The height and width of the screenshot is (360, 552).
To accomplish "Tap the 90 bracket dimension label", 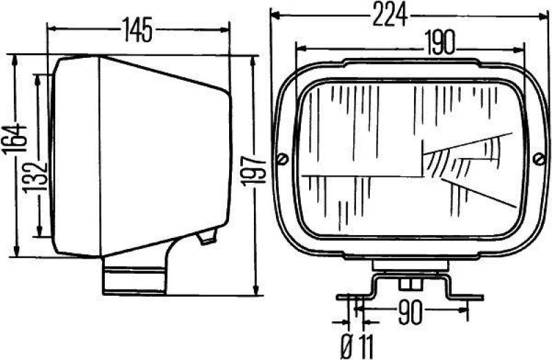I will (x=409, y=314).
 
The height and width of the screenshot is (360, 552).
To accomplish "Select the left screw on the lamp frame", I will (x=282, y=160).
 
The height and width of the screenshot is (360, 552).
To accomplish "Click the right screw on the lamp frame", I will (x=539, y=160).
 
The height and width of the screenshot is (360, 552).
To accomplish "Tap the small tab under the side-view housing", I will (x=206, y=238).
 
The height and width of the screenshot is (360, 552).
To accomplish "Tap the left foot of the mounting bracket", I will (x=352, y=298).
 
